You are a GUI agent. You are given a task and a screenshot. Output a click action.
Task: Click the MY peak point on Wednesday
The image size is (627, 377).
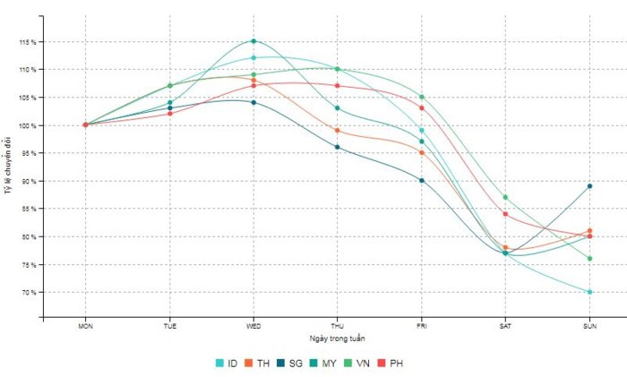[x=253, y=41]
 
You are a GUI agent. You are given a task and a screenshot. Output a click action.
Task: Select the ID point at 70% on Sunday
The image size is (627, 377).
[x=589, y=292]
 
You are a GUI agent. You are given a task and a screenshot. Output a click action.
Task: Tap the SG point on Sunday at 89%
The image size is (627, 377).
[x=589, y=186]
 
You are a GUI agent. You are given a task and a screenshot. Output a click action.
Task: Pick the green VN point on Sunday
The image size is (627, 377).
[x=589, y=259]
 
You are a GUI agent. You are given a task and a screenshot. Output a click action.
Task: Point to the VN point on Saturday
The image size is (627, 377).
[x=505, y=197]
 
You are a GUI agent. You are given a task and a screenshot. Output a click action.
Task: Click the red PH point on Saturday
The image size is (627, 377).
[x=505, y=214]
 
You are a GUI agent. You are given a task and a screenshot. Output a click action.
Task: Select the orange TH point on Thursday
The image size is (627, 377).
[x=338, y=131]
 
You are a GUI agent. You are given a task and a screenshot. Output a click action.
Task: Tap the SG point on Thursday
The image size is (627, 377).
[x=338, y=147]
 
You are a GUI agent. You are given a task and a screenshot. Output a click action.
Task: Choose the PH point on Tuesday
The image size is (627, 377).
[x=170, y=114]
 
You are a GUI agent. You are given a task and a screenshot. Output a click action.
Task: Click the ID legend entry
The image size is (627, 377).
[x=226, y=363]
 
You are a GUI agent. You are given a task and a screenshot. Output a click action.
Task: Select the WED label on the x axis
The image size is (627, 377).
[x=253, y=327]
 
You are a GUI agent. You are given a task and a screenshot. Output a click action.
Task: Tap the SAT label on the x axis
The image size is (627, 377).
[x=505, y=327]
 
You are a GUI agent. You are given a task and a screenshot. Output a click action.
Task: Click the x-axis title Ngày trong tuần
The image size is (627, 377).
[x=337, y=338]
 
